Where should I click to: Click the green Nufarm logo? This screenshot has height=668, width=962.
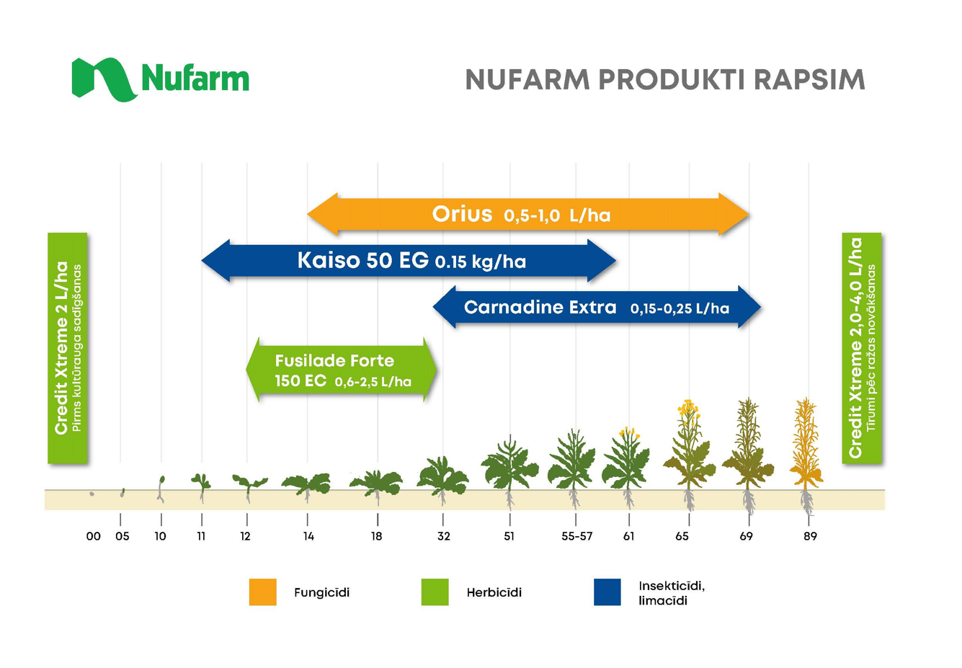[x=160, y=79]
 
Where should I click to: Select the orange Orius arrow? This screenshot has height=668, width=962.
[x=528, y=214]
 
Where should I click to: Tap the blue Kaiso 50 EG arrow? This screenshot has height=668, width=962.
[x=409, y=261]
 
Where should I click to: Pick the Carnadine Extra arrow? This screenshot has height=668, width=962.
[x=597, y=307]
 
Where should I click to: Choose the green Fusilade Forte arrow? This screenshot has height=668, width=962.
[x=342, y=370]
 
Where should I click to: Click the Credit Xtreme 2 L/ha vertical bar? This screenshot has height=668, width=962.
[x=68, y=348]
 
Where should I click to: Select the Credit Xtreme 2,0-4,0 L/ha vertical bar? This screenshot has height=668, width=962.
[x=862, y=348]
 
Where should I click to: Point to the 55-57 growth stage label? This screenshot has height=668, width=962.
[x=576, y=536]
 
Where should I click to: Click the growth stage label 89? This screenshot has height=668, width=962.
[x=810, y=536]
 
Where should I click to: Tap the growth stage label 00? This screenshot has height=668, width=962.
[x=93, y=536]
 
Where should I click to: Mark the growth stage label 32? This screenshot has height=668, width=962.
[x=444, y=536]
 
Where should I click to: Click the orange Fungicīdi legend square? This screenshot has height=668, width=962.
[x=263, y=592]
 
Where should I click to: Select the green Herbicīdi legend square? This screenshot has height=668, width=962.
[x=435, y=592]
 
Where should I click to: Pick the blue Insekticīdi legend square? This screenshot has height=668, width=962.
[x=607, y=592]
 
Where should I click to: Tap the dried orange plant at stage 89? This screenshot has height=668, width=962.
[x=806, y=455]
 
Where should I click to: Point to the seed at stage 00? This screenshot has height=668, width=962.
[x=92, y=494]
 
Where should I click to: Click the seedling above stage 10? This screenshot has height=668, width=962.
[x=161, y=489]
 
